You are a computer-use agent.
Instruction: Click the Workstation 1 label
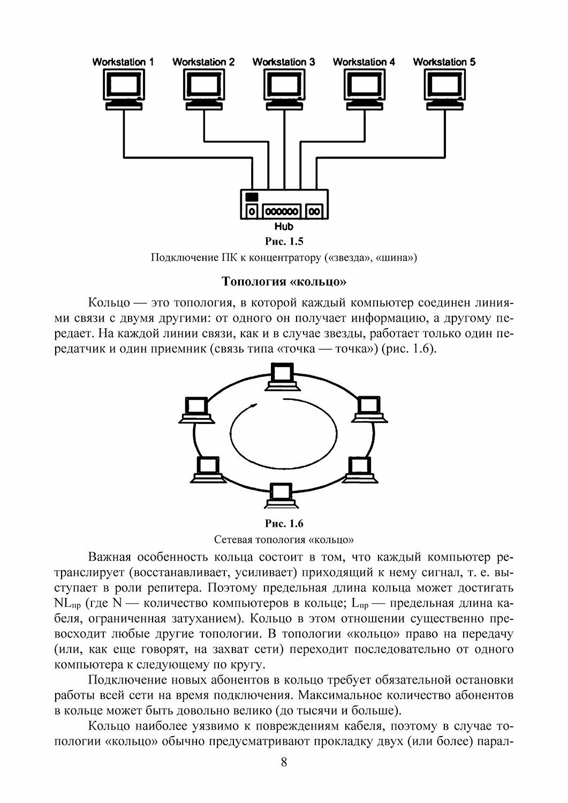click(123, 62)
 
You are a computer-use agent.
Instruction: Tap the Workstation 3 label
click(284, 62)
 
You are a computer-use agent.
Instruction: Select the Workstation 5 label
click(444, 62)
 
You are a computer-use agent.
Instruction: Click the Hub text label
click(284, 227)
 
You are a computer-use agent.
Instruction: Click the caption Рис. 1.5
click(284, 241)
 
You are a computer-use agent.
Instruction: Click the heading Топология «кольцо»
click(284, 281)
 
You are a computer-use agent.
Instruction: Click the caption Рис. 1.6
click(284, 524)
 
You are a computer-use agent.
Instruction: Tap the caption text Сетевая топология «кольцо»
click(284, 538)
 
